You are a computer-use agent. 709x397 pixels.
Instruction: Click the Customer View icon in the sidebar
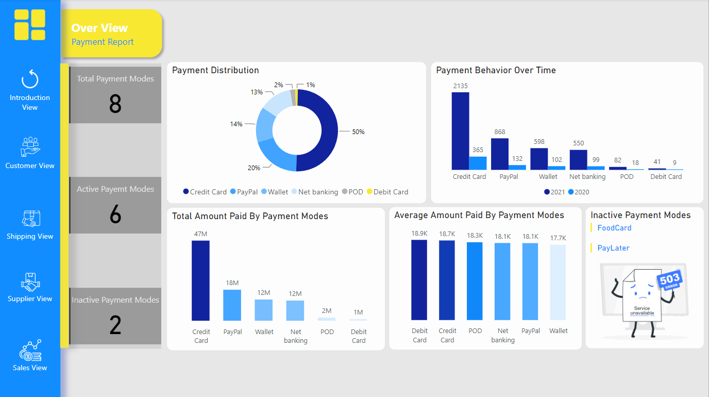[30, 146]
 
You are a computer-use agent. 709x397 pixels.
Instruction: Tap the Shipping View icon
[30, 219]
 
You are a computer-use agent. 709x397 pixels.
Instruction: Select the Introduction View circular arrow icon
[30, 80]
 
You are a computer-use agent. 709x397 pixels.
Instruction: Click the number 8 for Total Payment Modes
[115, 104]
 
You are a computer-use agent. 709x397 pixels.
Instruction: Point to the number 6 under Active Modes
[115, 214]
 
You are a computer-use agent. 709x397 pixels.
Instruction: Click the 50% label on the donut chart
[358, 132]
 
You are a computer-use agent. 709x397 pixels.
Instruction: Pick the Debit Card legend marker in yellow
[369, 192]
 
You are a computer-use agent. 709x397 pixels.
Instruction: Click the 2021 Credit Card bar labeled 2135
[460, 131]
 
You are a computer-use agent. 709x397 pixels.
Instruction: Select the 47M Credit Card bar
[200, 280]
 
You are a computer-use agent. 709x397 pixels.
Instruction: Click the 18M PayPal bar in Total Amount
[232, 305]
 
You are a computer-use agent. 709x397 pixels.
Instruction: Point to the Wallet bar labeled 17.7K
[558, 282]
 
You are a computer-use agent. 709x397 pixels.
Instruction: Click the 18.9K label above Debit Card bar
[419, 234]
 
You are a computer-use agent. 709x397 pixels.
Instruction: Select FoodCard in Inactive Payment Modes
[614, 228]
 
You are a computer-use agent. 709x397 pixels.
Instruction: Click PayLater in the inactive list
[613, 248]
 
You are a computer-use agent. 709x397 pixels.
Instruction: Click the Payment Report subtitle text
[103, 42]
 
